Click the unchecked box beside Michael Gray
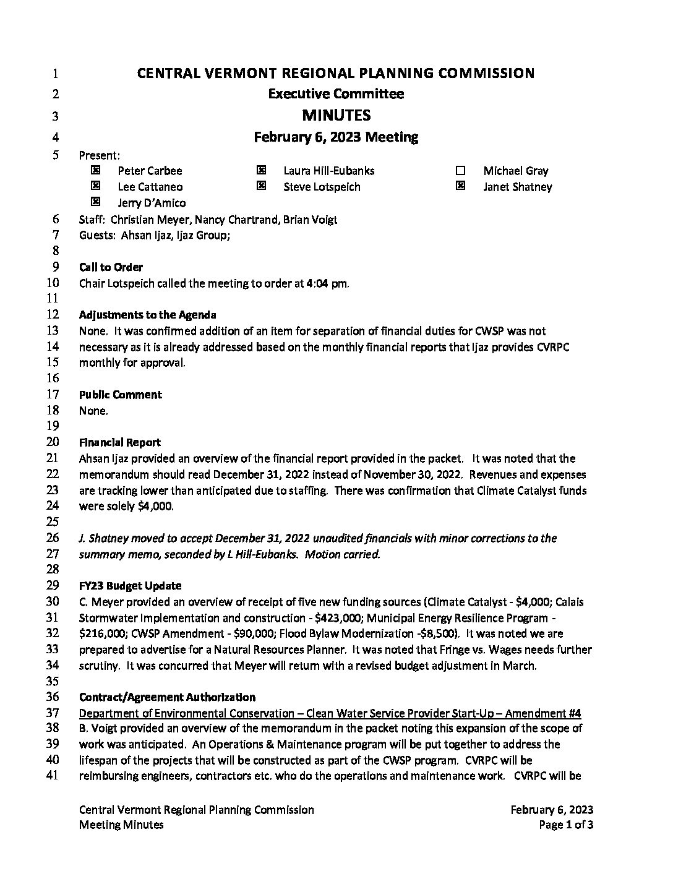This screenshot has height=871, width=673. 460,171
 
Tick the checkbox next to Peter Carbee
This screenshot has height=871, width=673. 95,170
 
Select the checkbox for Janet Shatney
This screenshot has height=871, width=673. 460,186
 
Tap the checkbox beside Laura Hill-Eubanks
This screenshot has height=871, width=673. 261,170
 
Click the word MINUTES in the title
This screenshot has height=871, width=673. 336,116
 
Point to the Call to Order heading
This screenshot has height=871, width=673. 111,267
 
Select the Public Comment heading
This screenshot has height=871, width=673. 120,395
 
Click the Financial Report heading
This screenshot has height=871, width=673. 119,442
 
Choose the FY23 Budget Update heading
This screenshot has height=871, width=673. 130,586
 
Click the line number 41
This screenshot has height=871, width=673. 53,776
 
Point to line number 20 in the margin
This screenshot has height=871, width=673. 53,442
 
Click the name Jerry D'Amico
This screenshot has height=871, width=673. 152,203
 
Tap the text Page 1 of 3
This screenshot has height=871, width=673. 566,825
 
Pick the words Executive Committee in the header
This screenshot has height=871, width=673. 336,94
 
